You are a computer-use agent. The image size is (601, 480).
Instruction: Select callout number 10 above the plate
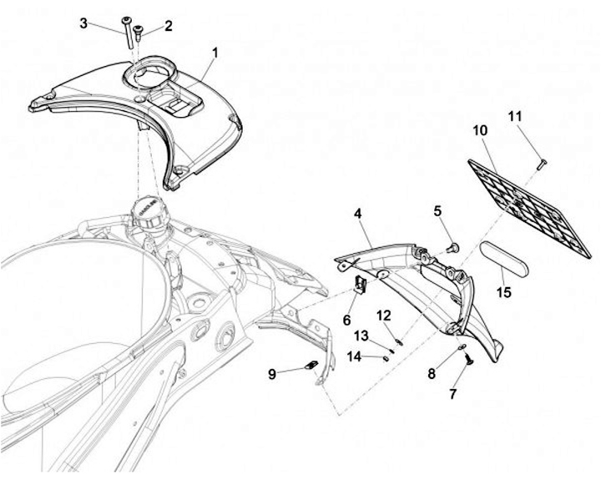point(479,130)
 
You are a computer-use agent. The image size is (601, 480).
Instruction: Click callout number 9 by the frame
point(271,374)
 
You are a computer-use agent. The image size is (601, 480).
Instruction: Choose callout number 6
point(347,321)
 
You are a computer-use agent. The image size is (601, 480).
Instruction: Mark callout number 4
point(357,214)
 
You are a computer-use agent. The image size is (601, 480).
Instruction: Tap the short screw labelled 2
point(138,34)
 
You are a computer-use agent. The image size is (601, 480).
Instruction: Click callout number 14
point(354,356)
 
